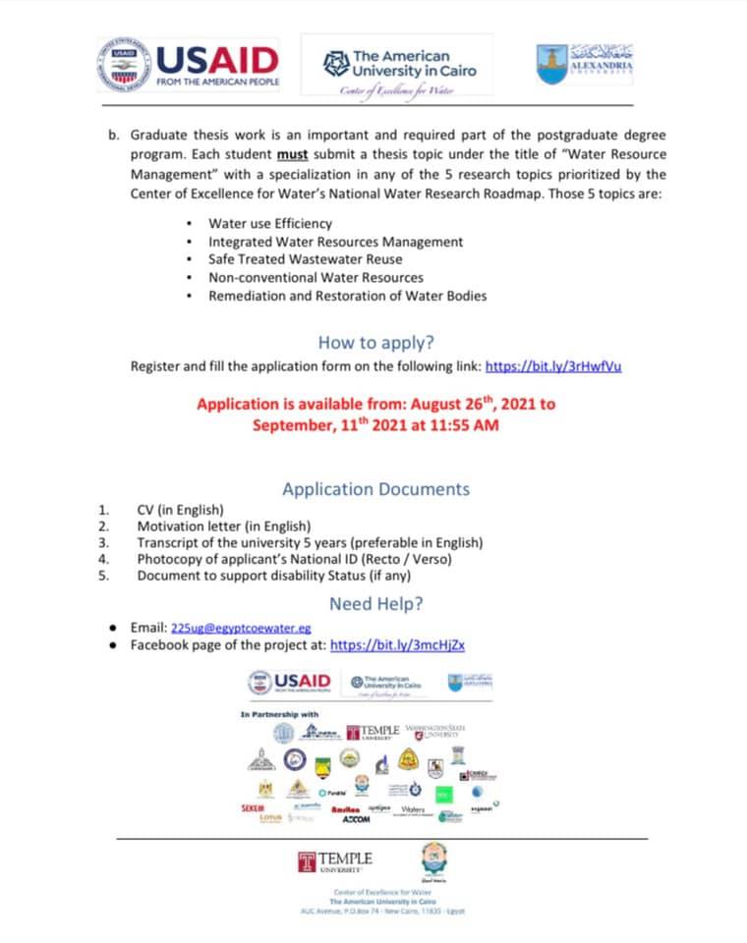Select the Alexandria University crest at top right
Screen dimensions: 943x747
[586, 64]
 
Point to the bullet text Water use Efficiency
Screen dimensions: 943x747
[270, 223]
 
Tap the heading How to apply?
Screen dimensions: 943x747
[375, 343]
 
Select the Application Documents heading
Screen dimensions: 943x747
[375, 489]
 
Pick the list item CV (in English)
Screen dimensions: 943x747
[180, 510]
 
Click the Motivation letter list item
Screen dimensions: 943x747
[224, 527]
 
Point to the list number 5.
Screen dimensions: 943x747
[103, 576]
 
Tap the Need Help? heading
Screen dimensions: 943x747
[375, 603]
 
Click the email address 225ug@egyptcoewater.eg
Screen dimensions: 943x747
[241, 627]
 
